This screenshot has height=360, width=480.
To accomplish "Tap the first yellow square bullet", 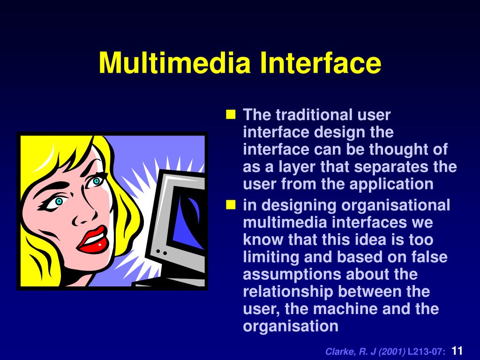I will pyautogui.click(x=231, y=114).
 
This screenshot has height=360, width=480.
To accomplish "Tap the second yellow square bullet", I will pyautogui.click(x=231, y=205).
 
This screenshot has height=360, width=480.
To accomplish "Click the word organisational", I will pyautogui.click(x=396, y=205).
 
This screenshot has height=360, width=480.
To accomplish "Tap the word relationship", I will pyautogui.click(x=288, y=292).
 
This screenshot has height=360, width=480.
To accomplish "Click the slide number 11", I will pyautogui.click(x=457, y=351).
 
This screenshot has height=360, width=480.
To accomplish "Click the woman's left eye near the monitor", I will pyautogui.click(x=97, y=180).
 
